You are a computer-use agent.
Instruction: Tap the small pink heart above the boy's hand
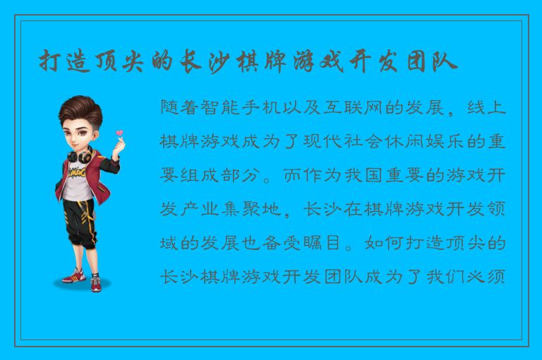click(x=119, y=133)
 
